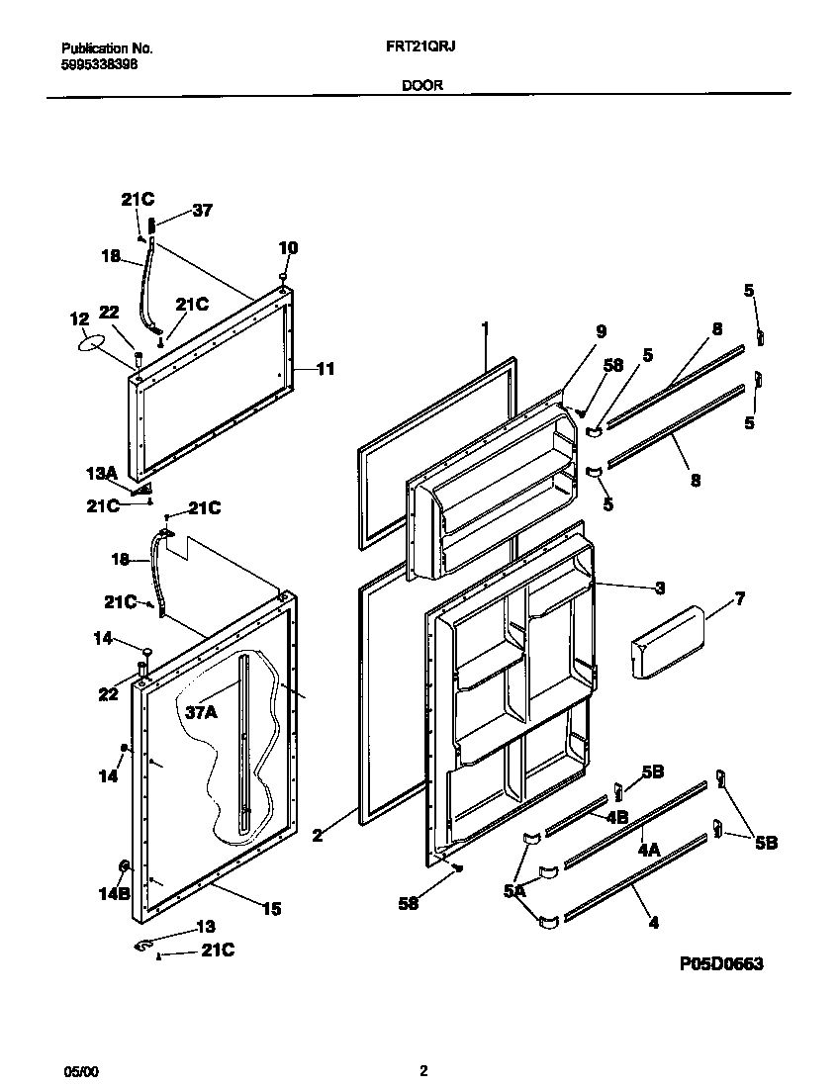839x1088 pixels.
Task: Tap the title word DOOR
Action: coord(421,86)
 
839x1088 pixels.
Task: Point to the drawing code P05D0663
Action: coord(721,964)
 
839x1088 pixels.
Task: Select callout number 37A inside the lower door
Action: coord(201,711)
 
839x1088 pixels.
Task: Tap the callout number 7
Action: coord(739,598)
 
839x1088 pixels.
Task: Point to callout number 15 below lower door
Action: coord(270,908)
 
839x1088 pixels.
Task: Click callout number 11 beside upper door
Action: coord(326,369)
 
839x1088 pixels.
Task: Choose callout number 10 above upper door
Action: coord(287,247)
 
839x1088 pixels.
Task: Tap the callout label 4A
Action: coord(649,849)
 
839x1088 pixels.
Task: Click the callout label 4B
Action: coord(616,817)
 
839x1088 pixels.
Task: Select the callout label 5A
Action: coord(513,890)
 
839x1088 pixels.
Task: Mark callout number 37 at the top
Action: coord(202,211)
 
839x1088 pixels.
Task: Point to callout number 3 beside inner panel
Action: coord(658,588)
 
